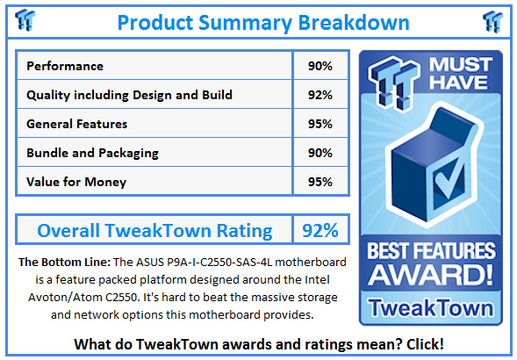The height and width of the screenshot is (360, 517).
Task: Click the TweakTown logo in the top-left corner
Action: tap(25, 20)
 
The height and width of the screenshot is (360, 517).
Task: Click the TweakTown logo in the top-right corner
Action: tap(493, 21)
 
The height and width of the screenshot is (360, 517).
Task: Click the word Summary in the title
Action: tap(245, 23)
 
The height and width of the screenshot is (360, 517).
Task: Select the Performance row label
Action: tap(65, 66)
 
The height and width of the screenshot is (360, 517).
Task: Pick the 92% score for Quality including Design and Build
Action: tap(320, 95)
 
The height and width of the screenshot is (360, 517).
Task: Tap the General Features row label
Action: tap(77, 124)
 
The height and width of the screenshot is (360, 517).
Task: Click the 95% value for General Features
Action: tap(320, 124)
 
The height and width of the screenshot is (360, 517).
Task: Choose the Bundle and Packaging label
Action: tap(93, 153)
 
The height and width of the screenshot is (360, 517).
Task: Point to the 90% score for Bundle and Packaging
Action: tap(320, 153)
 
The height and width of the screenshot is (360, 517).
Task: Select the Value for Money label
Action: tap(76, 182)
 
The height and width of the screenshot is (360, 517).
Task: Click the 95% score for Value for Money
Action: tap(320, 182)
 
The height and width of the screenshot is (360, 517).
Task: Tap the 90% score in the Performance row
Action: tap(320, 66)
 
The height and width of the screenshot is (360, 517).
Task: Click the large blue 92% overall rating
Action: tap(320, 230)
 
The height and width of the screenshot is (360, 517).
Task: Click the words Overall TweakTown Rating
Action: tap(154, 230)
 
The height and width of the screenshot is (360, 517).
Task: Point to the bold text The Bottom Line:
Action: tap(65, 262)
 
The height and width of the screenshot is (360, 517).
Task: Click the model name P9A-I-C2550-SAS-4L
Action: tap(219, 262)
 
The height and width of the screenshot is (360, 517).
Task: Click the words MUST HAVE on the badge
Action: tap(461, 73)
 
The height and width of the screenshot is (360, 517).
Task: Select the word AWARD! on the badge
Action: tap(430, 275)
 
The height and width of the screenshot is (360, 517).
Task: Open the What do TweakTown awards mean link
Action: tap(259, 344)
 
